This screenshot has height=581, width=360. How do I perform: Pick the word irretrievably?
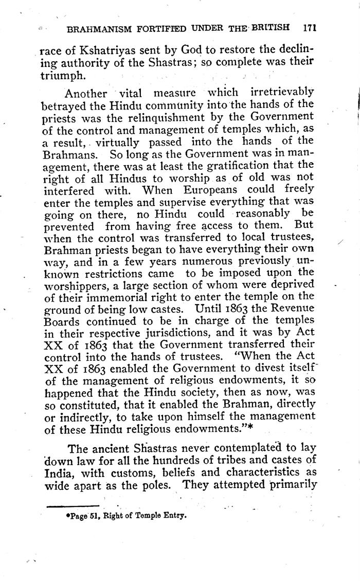coord(281,93)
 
